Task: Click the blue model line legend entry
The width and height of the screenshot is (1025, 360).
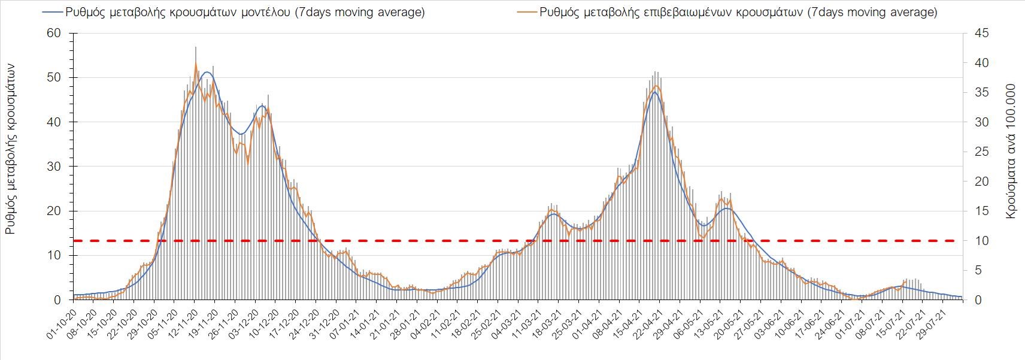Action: (233, 12)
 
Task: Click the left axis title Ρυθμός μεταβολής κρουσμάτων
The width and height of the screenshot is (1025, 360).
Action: (10, 150)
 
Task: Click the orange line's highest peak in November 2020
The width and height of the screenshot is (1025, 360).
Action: (196, 63)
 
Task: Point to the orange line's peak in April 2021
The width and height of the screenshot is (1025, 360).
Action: (656, 86)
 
